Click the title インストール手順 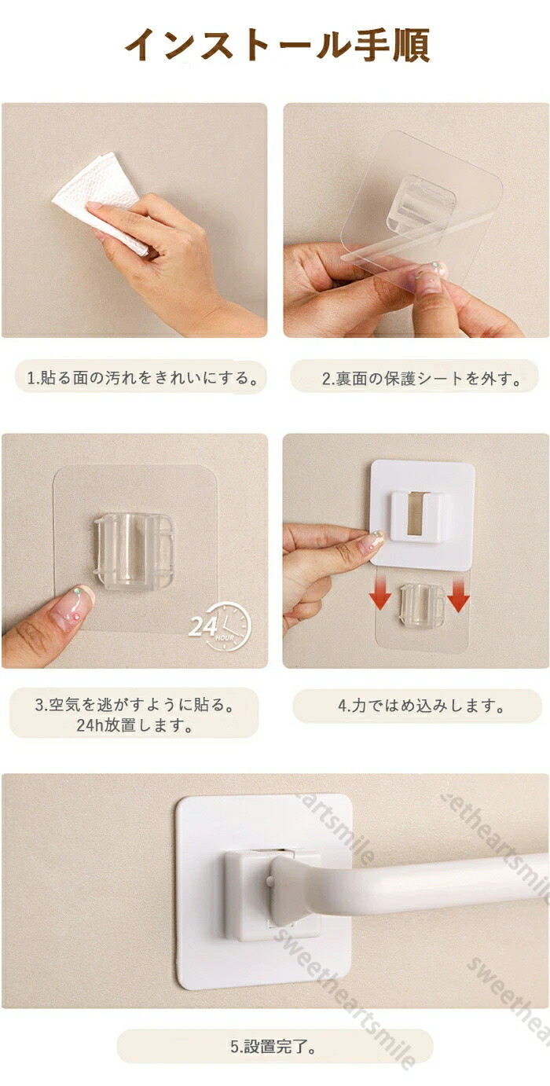(x=277, y=46)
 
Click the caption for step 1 (x=142, y=378)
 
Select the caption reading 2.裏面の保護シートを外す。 (x=421, y=379)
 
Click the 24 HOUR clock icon (x=221, y=626)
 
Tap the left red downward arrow (x=380, y=595)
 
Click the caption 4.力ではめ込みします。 (x=421, y=706)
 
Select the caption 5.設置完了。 (x=273, y=1047)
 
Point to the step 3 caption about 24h (x=134, y=715)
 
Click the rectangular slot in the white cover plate (x=416, y=514)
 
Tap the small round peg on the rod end (x=270, y=879)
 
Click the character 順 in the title (x=410, y=46)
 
